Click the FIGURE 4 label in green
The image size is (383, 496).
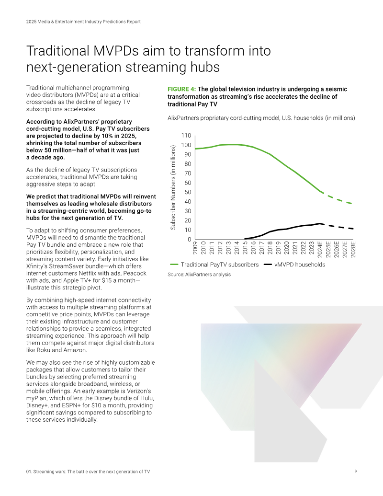182,89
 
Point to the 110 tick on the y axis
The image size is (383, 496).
186,136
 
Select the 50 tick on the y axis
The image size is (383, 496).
188,192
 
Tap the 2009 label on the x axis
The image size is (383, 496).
195,248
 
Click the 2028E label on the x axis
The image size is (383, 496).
353,249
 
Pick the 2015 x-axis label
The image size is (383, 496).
245,248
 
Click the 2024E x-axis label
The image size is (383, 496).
320,249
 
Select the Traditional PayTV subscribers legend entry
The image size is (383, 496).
214,265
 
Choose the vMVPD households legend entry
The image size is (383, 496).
294,265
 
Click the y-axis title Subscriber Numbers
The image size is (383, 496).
173,187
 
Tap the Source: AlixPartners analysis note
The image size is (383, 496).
199,274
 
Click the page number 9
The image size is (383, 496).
356,472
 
